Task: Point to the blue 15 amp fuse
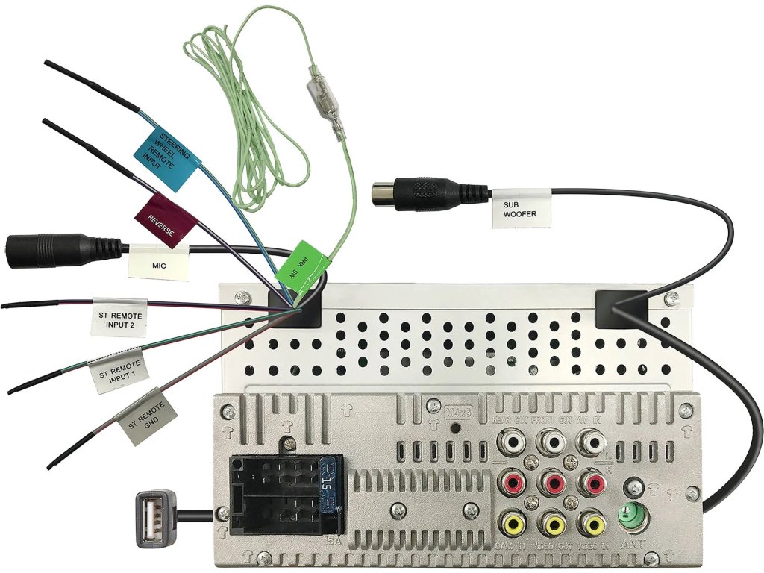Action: click(x=327, y=492)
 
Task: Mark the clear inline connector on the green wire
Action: click(x=325, y=104)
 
